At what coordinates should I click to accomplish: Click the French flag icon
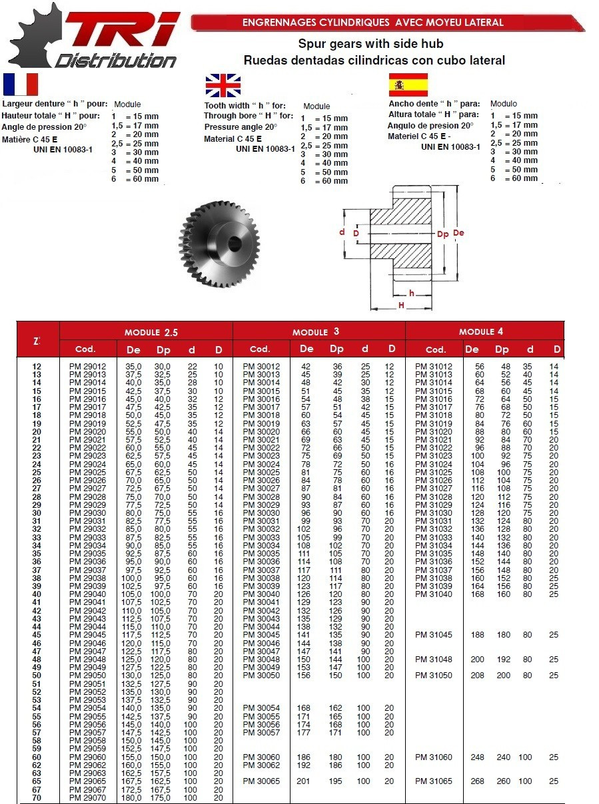click(x=21, y=85)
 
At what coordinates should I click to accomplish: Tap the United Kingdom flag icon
click(x=223, y=86)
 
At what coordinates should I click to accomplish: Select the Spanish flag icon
click(x=408, y=85)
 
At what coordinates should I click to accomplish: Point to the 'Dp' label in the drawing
click(x=442, y=234)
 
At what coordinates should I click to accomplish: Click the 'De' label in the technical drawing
click(x=459, y=234)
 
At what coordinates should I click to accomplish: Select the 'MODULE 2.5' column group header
click(x=151, y=331)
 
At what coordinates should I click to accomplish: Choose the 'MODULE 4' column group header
click(x=485, y=331)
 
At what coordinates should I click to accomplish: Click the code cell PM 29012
click(x=87, y=367)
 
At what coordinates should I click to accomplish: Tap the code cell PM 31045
click(x=434, y=635)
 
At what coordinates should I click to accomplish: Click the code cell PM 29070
click(x=87, y=797)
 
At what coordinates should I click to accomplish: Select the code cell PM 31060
click(x=434, y=757)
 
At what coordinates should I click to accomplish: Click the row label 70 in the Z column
click(x=37, y=797)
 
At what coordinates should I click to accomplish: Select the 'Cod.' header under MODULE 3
click(x=259, y=349)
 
